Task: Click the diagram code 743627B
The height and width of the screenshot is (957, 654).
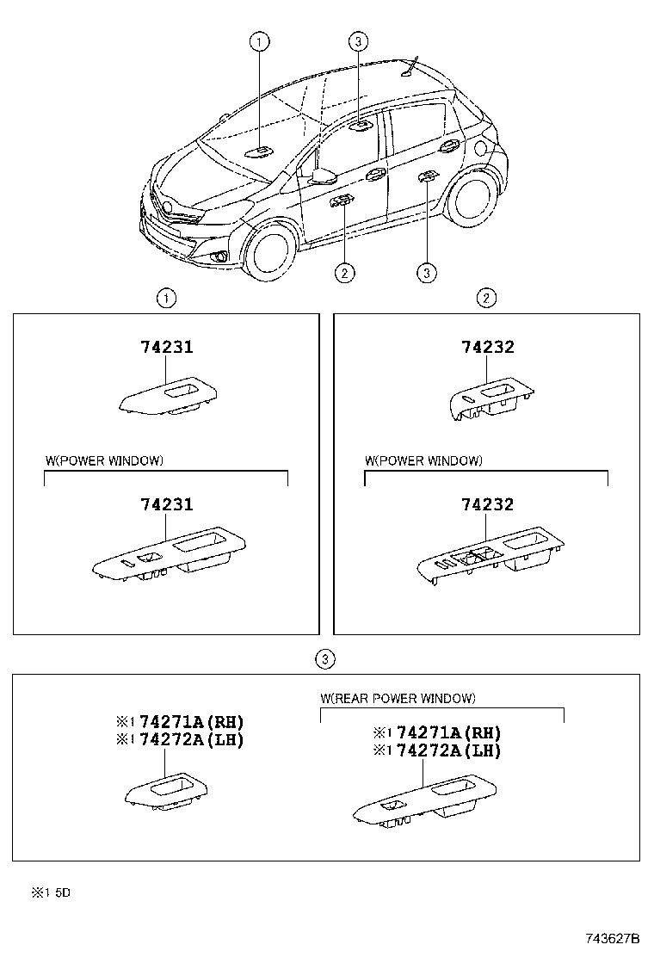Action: [614, 937]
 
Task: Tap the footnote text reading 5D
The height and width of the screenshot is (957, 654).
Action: [62, 893]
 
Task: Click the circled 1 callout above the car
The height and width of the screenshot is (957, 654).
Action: [260, 40]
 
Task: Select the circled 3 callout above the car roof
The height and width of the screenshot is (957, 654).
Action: [359, 40]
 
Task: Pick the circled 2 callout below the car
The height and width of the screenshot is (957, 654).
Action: [343, 273]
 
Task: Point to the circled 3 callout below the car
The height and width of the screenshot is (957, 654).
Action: [426, 273]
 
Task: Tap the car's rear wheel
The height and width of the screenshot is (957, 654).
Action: [472, 199]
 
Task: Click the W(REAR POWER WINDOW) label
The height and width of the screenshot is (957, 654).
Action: [398, 698]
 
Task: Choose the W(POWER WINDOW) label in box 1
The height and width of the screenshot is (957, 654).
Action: [104, 460]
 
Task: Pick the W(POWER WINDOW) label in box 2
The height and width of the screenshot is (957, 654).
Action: [423, 460]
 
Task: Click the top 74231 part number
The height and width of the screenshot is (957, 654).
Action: [167, 348]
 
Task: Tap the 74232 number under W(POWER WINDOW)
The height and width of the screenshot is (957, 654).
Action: [488, 505]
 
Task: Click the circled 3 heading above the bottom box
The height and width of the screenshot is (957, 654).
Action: [324, 659]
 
